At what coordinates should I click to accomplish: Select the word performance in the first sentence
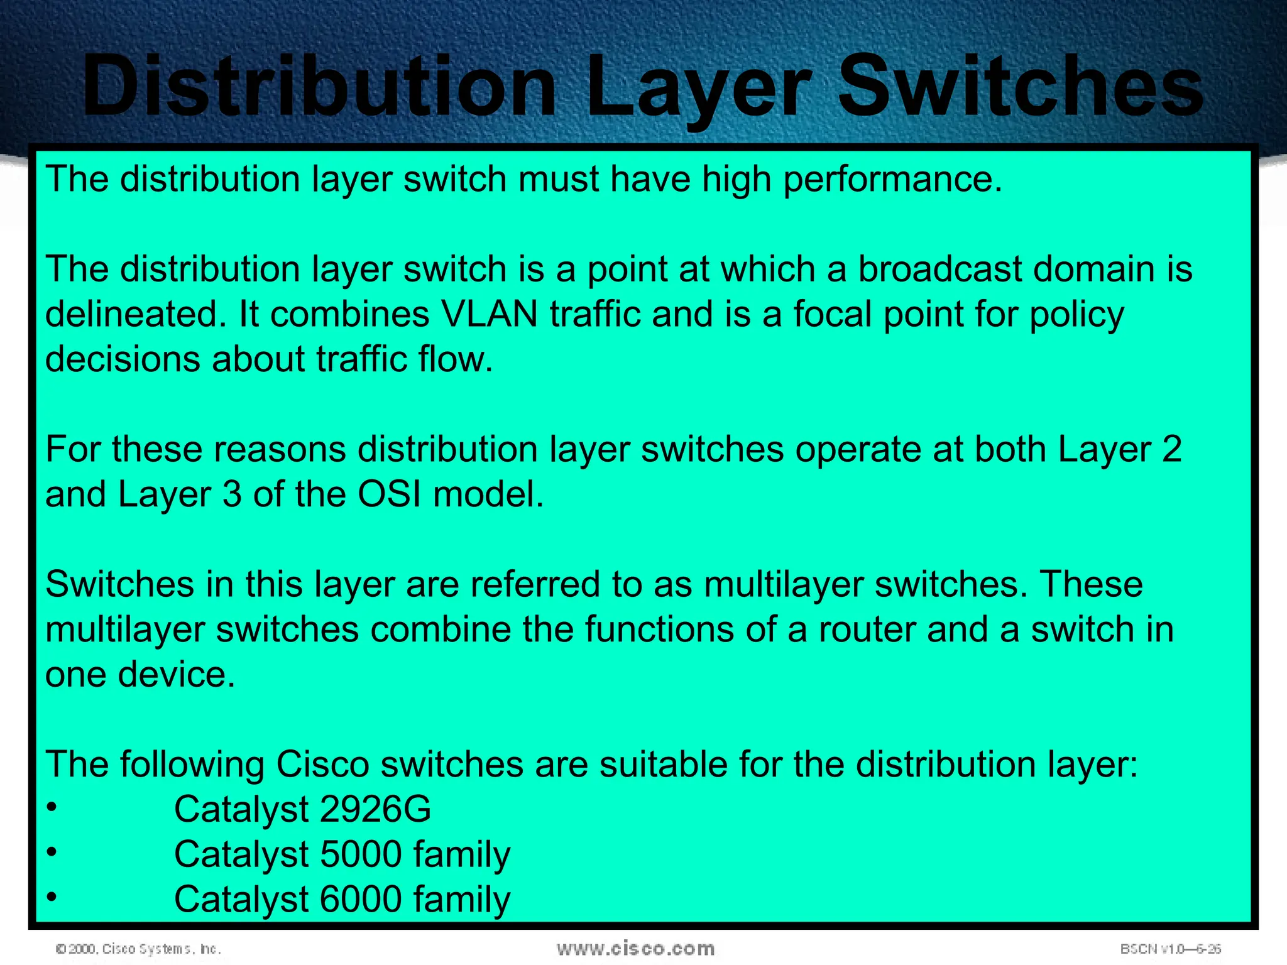pyautogui.click(x=892, y=180)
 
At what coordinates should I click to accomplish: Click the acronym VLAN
pyautogui.click(x=490, y=314)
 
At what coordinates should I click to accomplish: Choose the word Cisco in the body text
pyautogui.click(x=322, y=765)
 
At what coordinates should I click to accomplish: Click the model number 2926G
pyautogui.click(x=375, y=809)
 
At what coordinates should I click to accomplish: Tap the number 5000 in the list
pyautogui.click(x=361, y=854)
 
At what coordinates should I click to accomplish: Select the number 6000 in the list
pyautogui.click(x=361, y=899)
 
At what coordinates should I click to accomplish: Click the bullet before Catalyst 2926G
pyautogui.click(x=52, y=807)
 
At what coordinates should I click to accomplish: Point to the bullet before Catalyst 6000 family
pyautogui.click(x=52, y=897)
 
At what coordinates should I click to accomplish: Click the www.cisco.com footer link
pyautogui.click(x=635, y=948)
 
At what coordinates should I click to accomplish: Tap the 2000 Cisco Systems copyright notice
pyautogui.click(x=138, y=949)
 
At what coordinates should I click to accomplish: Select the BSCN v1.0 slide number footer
pyautogui.click(x=1170, y=949)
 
